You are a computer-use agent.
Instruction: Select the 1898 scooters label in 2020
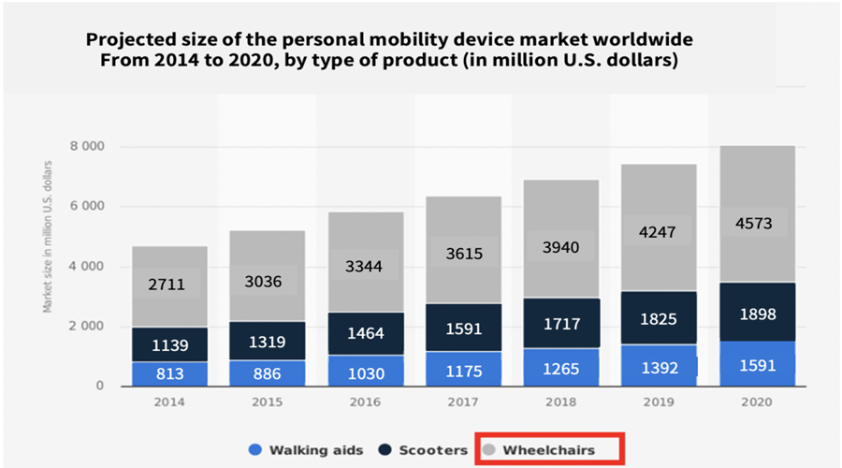(x=758, y=314)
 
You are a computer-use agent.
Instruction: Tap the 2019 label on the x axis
(x=659, y=402)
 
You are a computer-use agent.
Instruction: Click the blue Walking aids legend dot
(x=254, y=450)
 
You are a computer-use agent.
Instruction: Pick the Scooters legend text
(x=431, y=450)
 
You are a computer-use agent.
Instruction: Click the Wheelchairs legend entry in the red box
(x=548, y=450)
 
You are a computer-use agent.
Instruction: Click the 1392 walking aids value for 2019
(x=659, y=368)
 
